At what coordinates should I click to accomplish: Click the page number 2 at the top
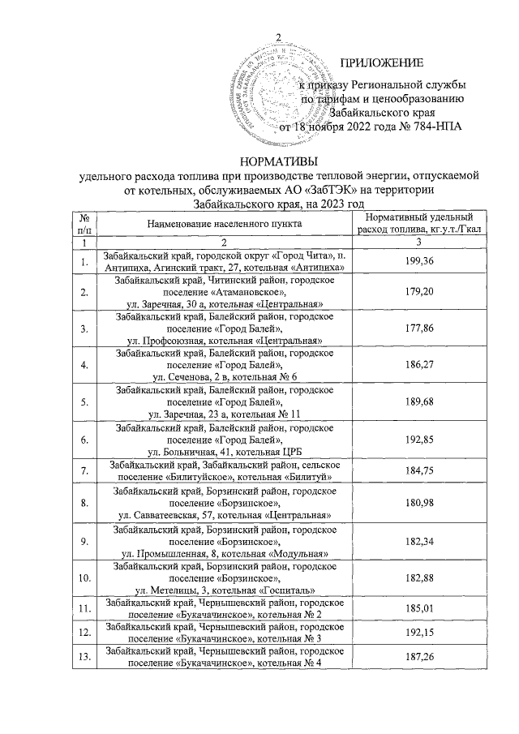[278, 36]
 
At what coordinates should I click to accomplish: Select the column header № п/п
[84, 222]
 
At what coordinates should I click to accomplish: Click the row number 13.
[84, 660]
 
